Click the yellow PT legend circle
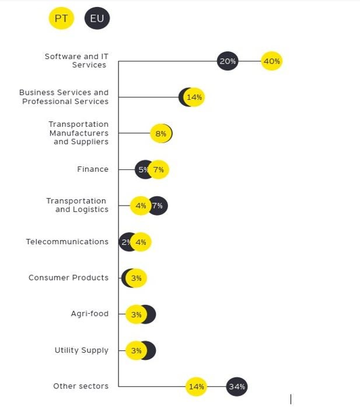[61, 19]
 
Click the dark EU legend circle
[97, 19]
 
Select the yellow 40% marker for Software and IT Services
[271, 61]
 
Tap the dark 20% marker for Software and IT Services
[228, 61]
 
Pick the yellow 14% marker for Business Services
[194, 97]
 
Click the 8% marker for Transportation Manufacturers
[160, 134]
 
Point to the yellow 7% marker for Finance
[158, 170]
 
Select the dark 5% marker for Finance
[142, 170]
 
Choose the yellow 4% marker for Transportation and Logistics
[141, 206]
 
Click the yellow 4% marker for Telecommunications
[141, 242]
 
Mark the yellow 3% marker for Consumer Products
[136, 278]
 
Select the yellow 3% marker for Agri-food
[136, 314]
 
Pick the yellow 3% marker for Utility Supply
[136, 350]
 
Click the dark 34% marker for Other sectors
[237, 386]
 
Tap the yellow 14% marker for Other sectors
[196, 386]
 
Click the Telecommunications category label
[67, 242]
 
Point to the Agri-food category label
[89, 314]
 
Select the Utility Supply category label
[81, 350]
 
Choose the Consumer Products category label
[68, 277]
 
